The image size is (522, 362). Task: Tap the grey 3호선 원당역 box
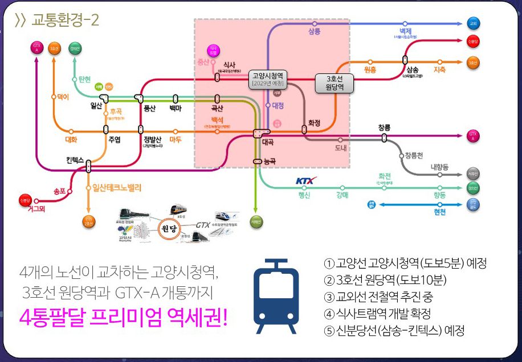coord(335,83)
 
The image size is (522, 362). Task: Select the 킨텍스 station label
coord(74,160)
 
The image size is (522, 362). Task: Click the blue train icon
coord(276,296)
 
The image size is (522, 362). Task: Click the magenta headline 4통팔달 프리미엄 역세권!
coord(123,316)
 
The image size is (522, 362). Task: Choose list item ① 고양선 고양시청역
coord(405,264)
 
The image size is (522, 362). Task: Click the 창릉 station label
coord(384,127)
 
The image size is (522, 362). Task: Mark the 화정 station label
coord(315,122)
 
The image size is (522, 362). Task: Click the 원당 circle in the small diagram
coord(172,228)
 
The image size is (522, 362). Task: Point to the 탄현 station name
coord(85,79)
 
